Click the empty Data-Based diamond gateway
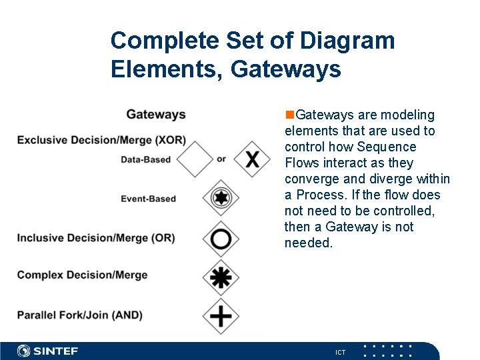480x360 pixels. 195,159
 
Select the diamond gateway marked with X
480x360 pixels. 253,159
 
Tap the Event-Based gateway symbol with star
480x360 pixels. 220,198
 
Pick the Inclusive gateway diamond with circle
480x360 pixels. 220,239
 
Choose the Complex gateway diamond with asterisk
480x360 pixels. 220,275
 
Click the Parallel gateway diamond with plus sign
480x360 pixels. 220,315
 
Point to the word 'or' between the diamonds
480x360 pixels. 221,159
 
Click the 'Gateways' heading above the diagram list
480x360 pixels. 156,115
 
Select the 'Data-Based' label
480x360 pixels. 145,159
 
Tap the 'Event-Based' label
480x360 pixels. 148,199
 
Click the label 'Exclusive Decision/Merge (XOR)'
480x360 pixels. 101,140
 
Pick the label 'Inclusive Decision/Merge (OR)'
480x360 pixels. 96,238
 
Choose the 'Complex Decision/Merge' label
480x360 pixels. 82,275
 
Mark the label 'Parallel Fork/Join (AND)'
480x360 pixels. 80,315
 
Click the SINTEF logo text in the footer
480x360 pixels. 56,351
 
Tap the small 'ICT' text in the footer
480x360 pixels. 340,352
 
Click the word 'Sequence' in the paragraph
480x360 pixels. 387,147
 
